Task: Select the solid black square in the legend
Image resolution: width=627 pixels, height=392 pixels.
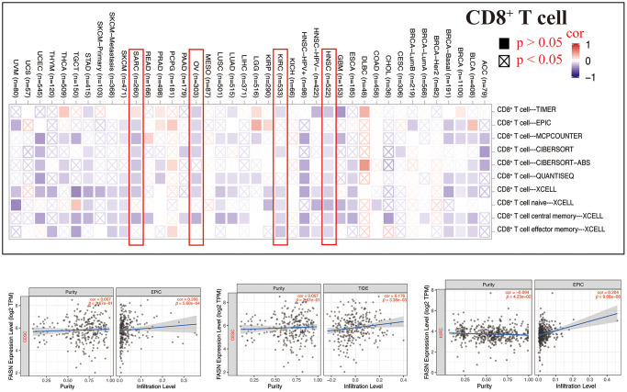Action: click(502, 42)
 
